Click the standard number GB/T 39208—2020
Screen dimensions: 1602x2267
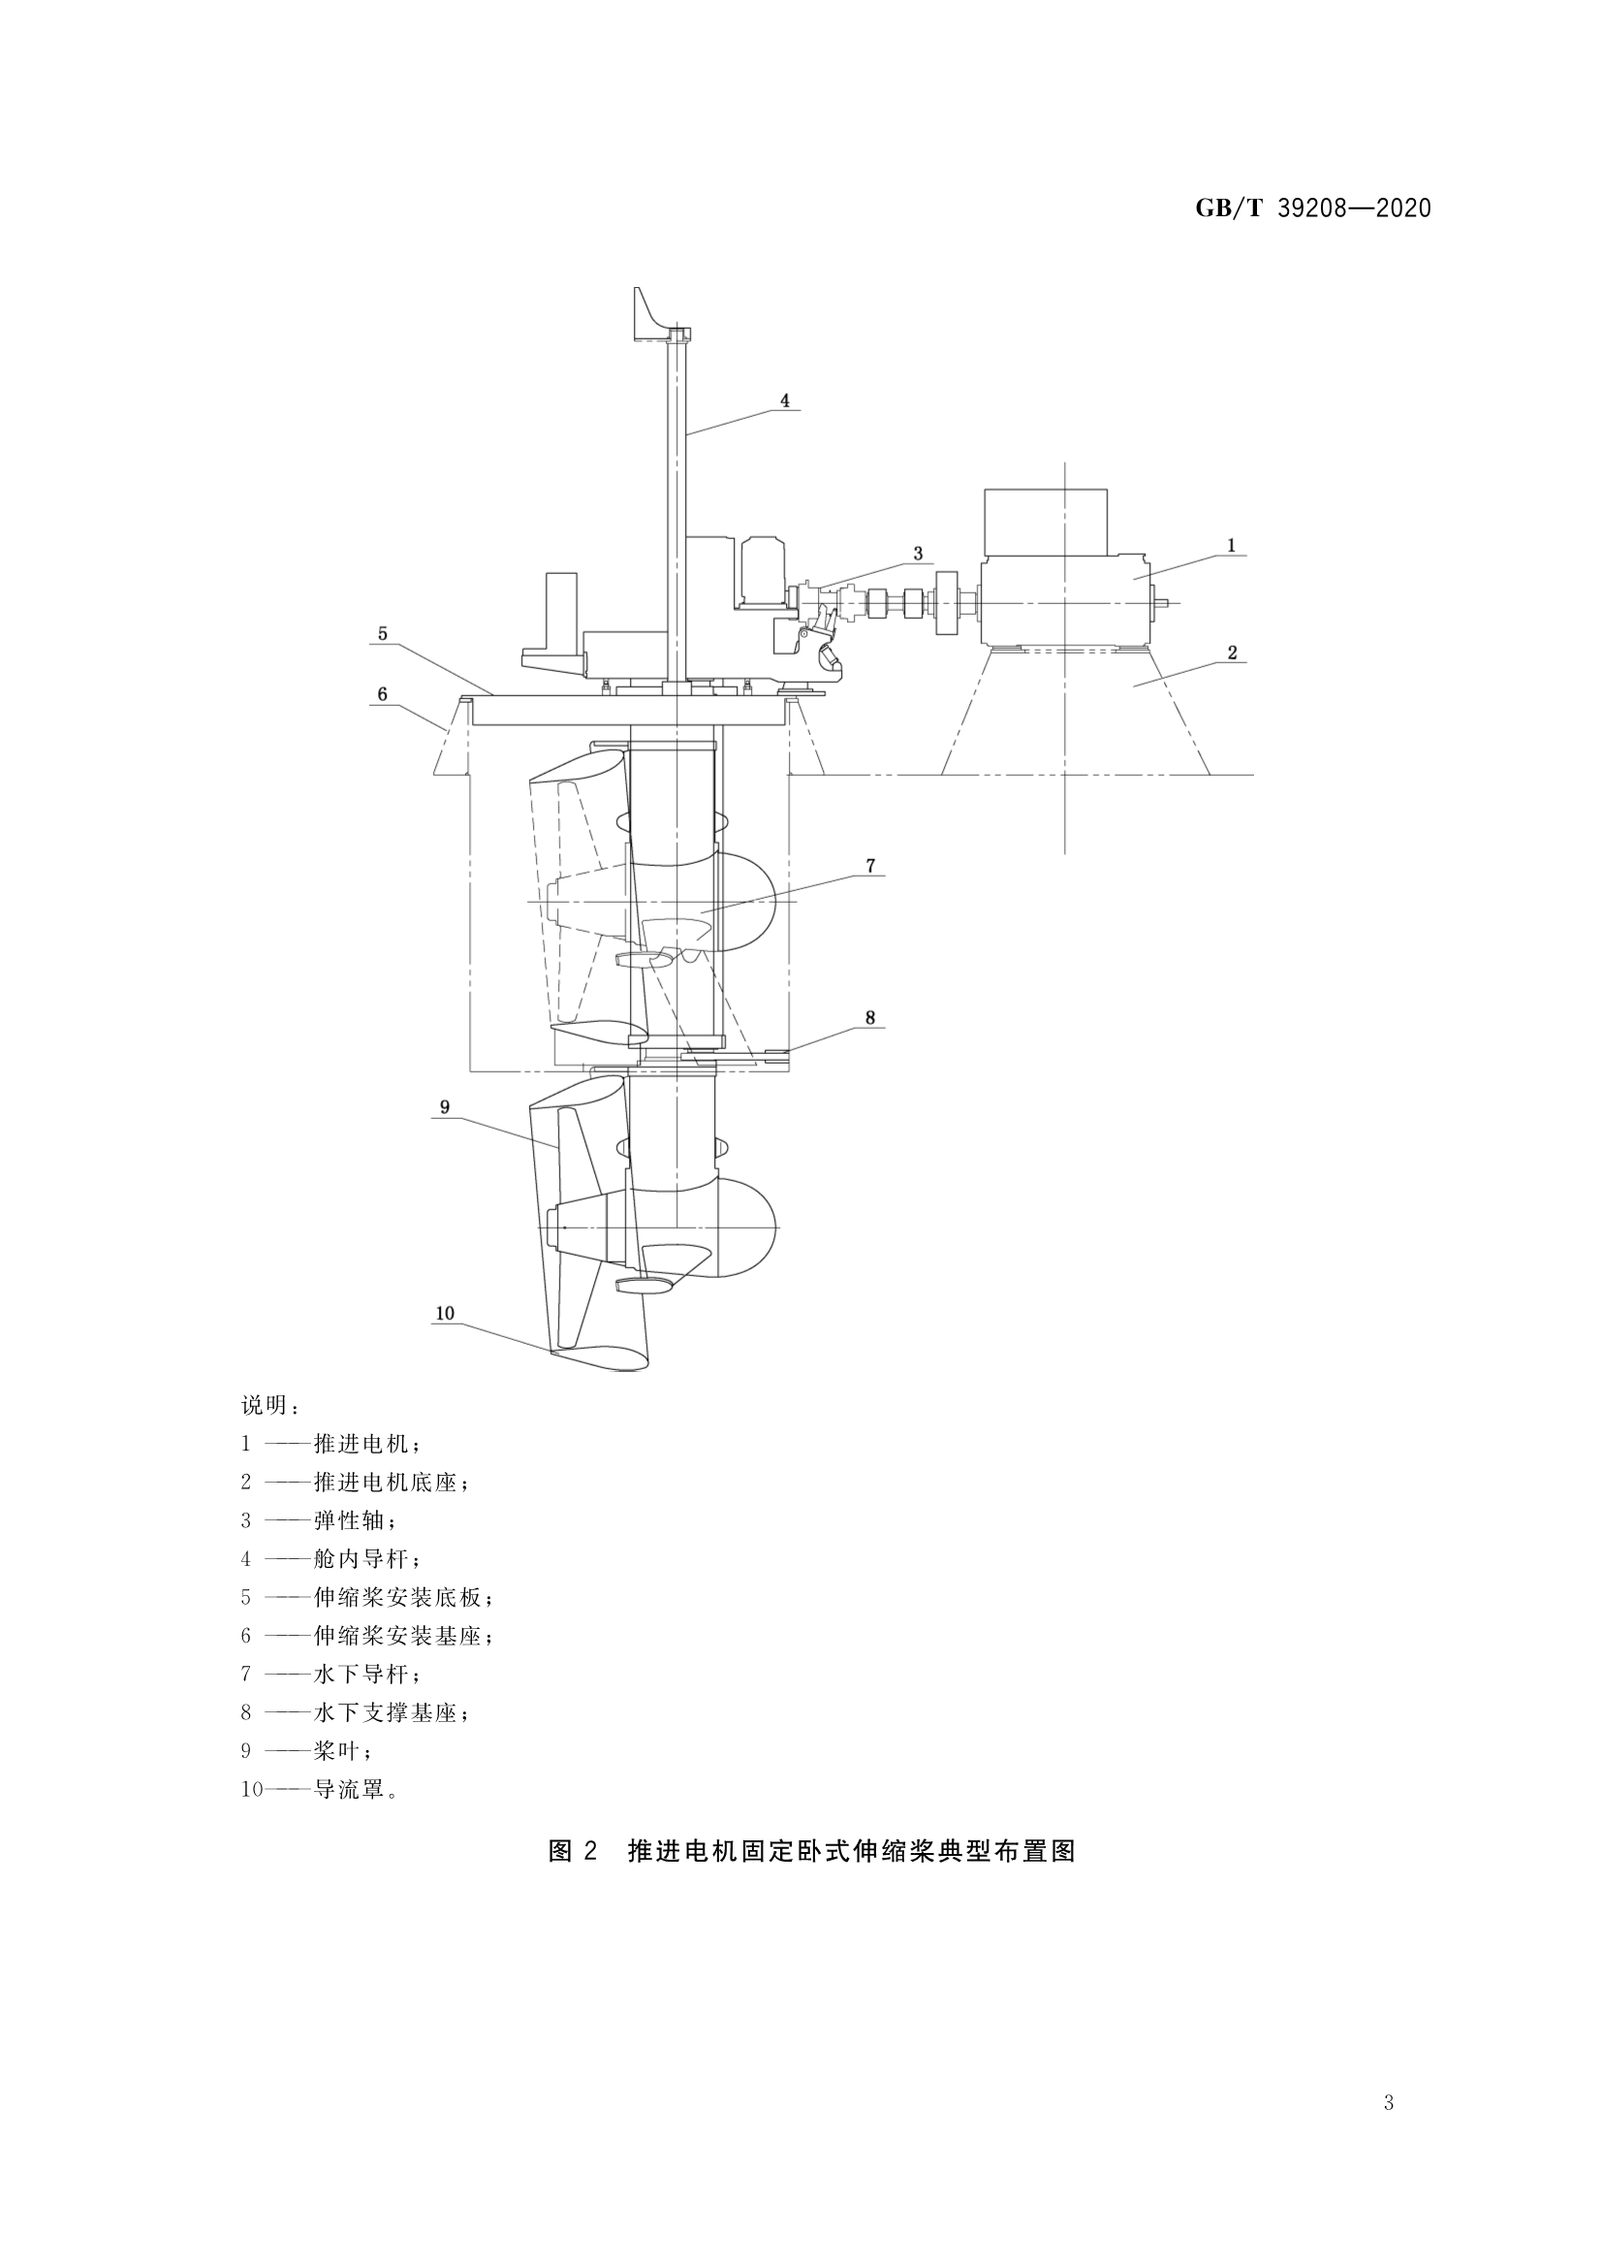tap(1313, 208)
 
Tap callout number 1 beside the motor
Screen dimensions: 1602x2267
tap(1231, 545)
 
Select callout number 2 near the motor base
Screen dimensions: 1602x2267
tap(1232, 653)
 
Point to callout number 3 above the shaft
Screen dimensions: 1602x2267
tap(918, 553)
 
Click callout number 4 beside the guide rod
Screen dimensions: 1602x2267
tap(785, 400)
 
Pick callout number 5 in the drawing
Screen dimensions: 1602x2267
tap(382, 633)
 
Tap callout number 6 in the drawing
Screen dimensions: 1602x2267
tap(382, 694)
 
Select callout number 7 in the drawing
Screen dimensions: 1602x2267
tap(869, 866)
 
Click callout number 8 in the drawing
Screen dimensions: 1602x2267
tap(869, 1017)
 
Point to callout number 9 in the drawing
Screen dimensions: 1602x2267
tap(444, 1107)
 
